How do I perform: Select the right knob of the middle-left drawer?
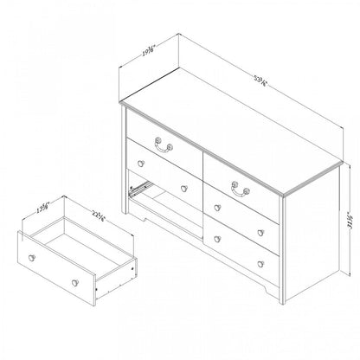pyautogui.click(x=183, y=188)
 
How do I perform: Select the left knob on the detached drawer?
pyautogui.click(x=33, y=259)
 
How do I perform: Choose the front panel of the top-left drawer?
pyautogui.click(x=161, y=151)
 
